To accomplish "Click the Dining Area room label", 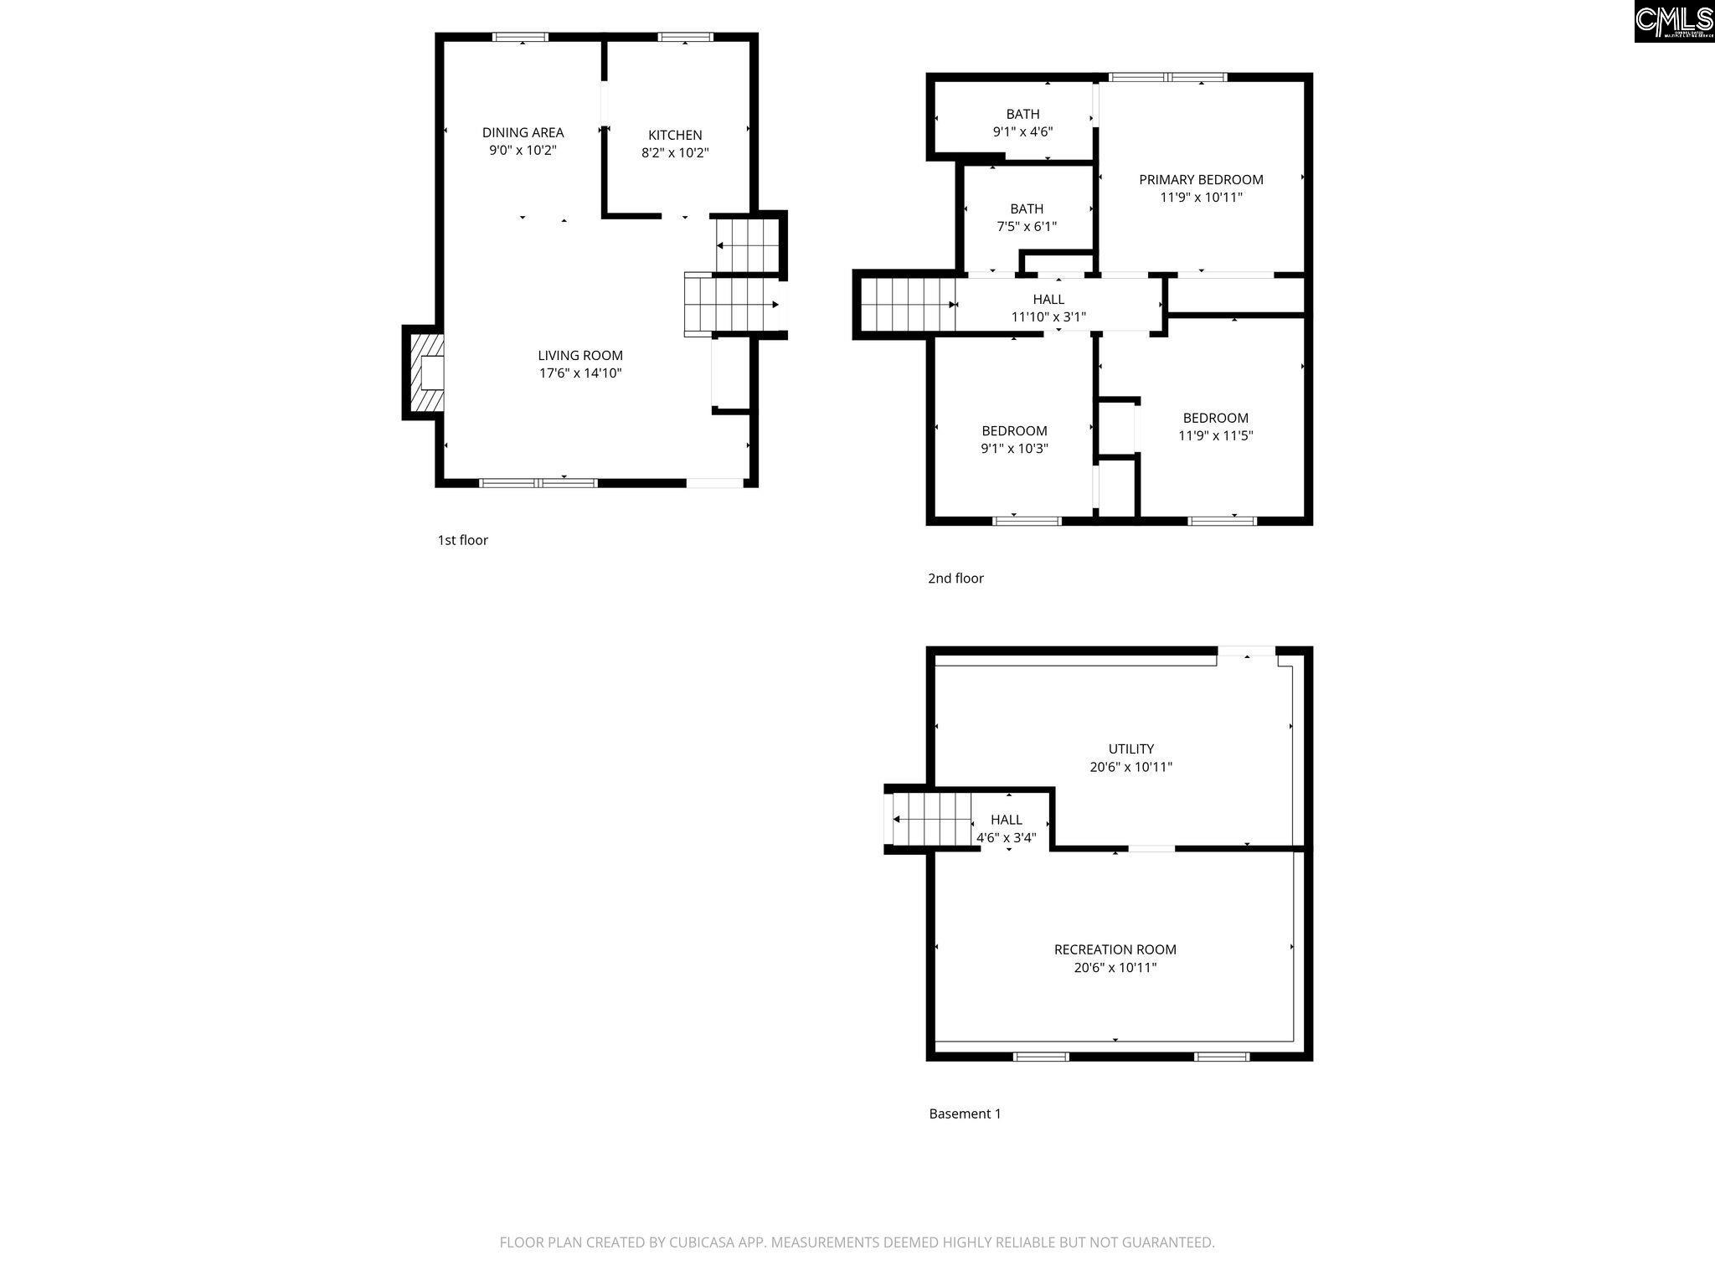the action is (523, 132).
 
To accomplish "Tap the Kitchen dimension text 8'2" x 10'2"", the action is (675, 153).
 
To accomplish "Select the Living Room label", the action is (580, 355).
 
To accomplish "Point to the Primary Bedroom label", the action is (1201, 179).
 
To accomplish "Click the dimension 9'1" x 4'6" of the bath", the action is (1022, 131).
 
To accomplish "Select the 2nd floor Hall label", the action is (1048, 299).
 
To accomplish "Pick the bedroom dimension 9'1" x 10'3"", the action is (1015, 449).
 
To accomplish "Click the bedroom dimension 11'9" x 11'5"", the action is (1216, 435).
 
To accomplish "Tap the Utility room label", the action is (1131, 748).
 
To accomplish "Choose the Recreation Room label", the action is (1115, 949).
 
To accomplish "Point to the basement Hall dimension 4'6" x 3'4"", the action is (1007, 837).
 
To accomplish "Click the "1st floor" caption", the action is (462, 540).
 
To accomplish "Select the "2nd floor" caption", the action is (955, 578).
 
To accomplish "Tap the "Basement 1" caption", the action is (965, 1114).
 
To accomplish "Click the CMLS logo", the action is (1674, 21).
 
